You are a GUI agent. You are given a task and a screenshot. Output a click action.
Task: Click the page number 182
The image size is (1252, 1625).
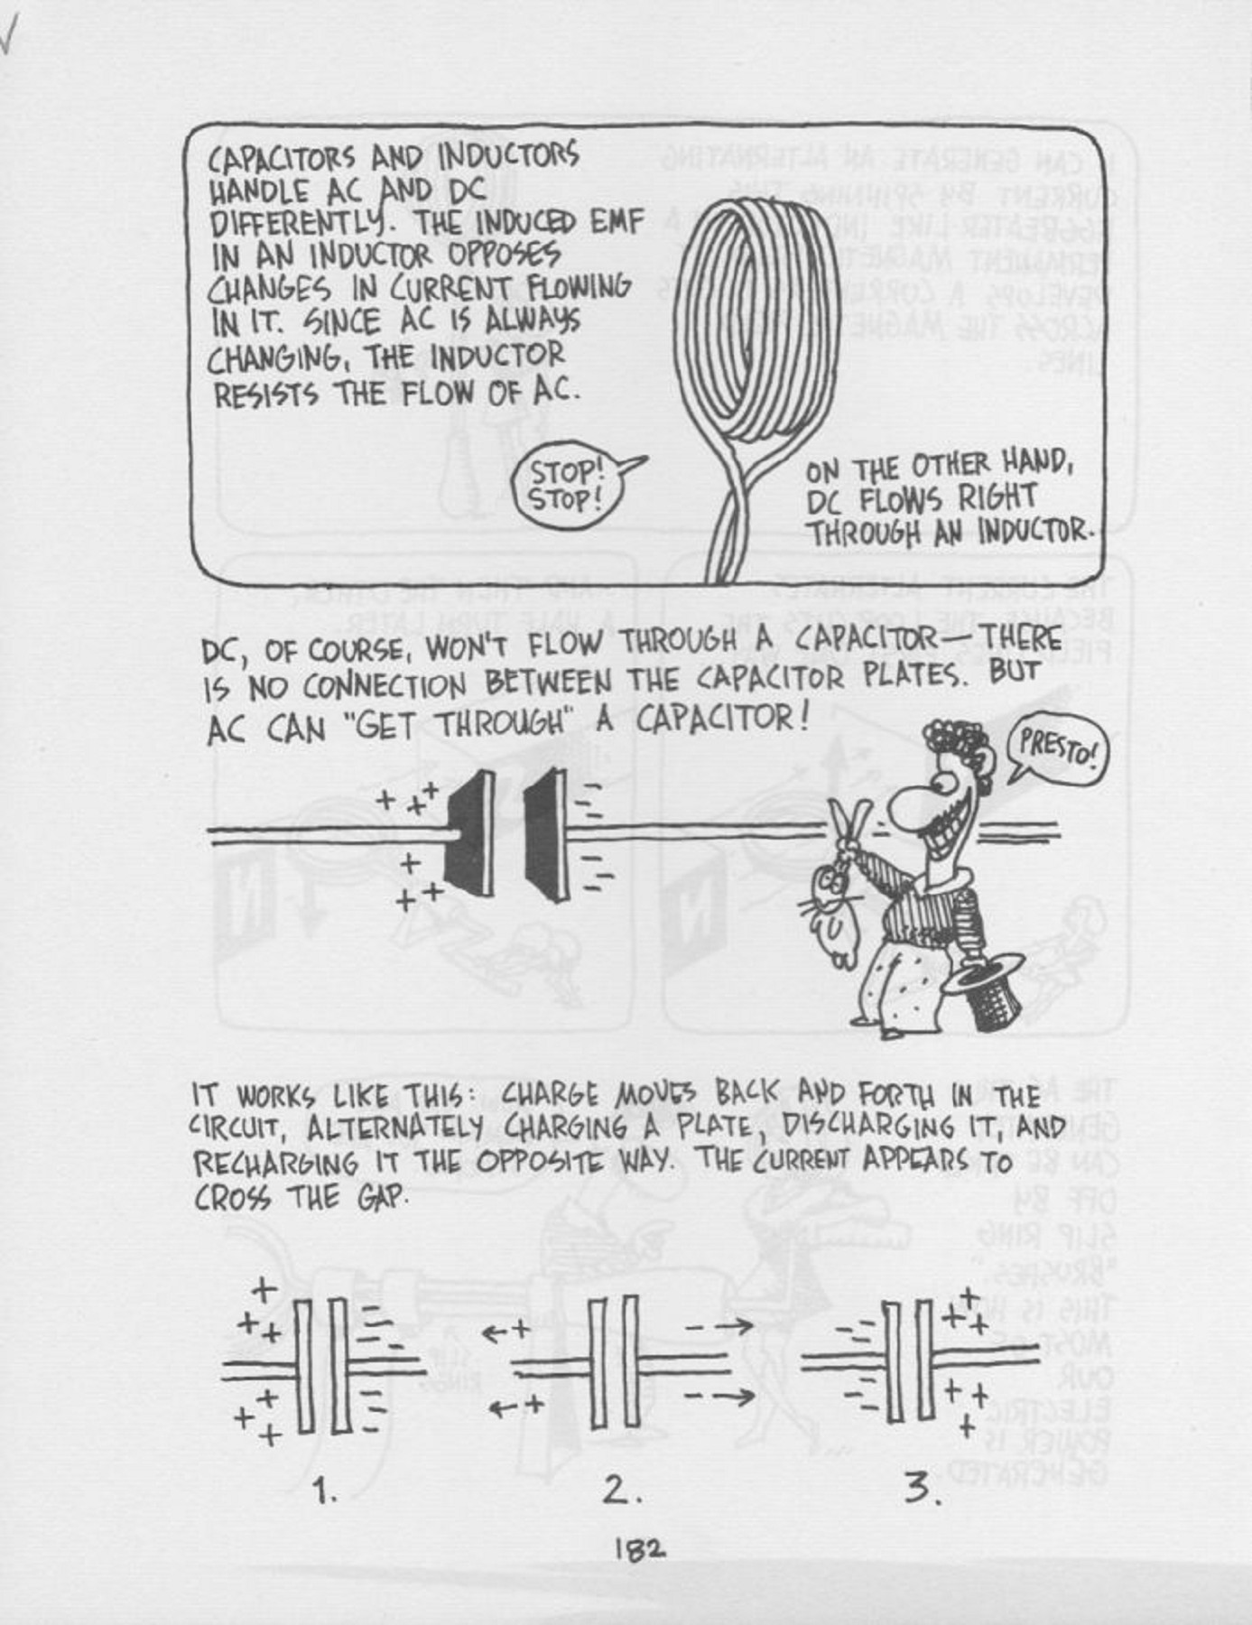[640, 1549]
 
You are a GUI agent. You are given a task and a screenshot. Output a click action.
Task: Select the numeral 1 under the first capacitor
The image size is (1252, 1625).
[325, 1490]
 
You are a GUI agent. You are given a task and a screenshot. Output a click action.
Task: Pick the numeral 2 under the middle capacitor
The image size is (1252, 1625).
[619, 1490]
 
